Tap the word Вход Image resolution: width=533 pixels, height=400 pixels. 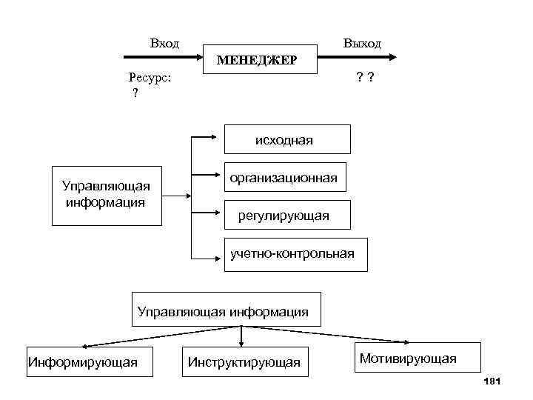164,44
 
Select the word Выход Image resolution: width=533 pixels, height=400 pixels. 362,44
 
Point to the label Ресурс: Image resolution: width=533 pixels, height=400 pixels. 150,76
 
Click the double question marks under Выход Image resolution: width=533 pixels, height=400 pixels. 363,76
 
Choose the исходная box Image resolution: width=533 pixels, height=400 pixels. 285,139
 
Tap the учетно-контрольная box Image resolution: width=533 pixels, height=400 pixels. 293,254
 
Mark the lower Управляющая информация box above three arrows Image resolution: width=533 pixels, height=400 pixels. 223,311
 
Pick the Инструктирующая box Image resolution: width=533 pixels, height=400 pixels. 244,361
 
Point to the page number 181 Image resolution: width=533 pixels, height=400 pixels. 492,381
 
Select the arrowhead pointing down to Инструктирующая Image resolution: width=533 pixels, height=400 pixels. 242,344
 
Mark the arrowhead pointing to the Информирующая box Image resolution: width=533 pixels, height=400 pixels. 85,345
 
